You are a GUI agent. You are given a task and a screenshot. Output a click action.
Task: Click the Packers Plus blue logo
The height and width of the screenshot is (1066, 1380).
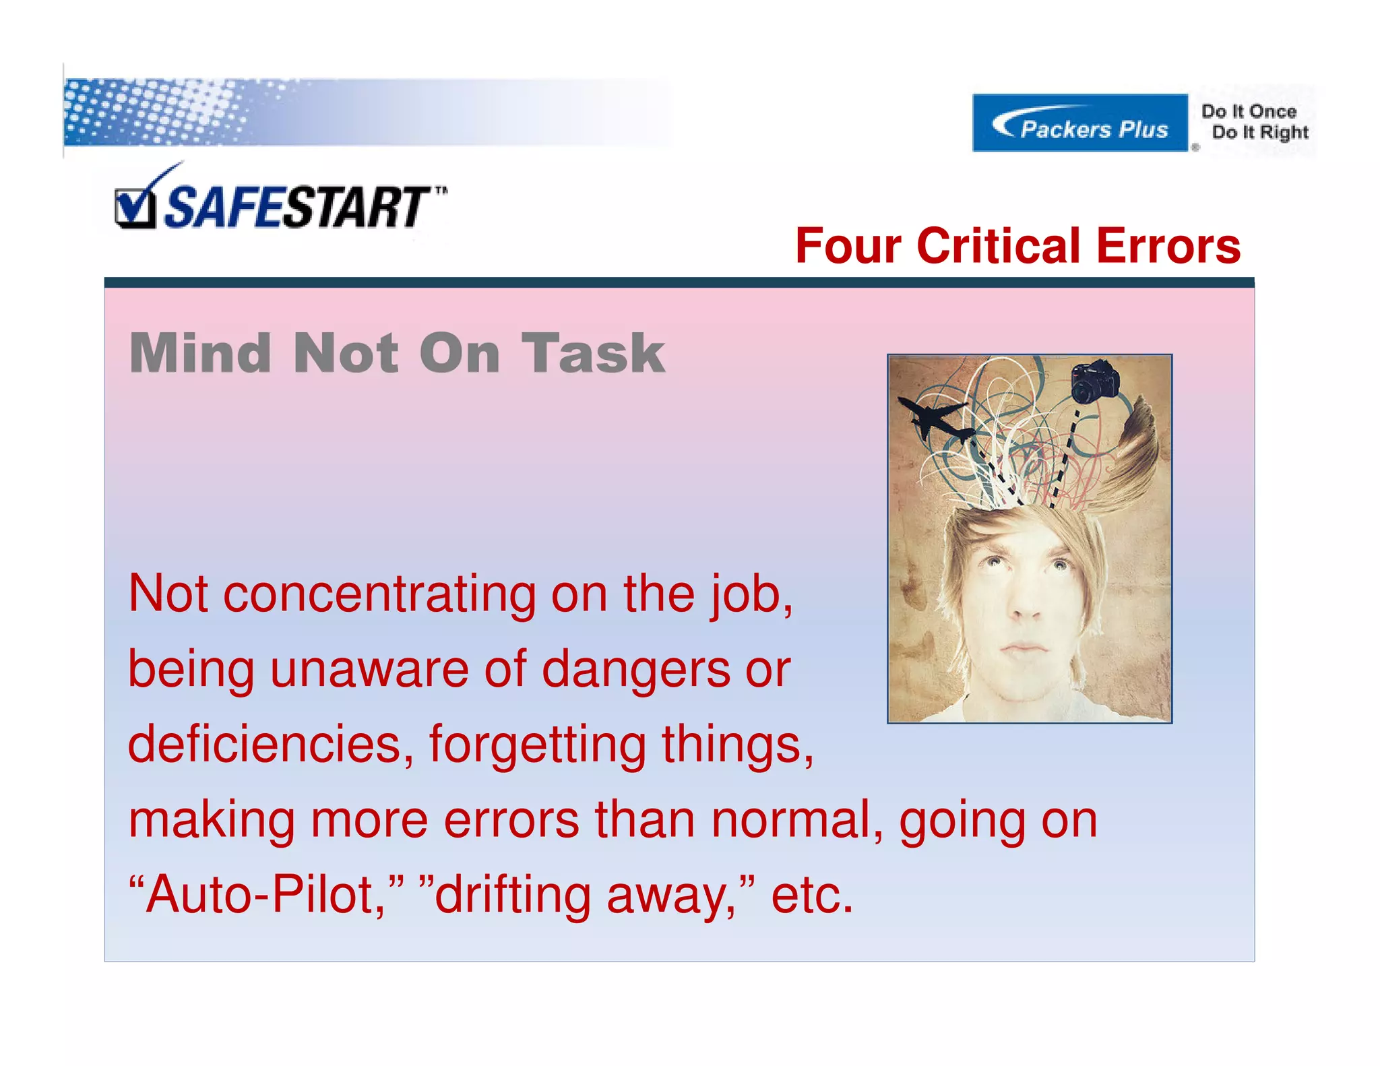click(1079, 123)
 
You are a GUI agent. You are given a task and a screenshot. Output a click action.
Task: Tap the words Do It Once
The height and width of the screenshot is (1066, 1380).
click(1249, 111)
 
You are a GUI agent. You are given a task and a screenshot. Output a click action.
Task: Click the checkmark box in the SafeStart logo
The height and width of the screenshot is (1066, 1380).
click(133, 209)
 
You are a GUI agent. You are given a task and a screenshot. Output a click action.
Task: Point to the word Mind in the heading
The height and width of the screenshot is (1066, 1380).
click(199, 353)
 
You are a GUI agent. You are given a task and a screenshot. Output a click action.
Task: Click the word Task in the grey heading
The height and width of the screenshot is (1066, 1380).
click(593, 353)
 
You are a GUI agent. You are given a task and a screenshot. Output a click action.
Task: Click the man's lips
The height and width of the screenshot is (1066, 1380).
click(1024, 648)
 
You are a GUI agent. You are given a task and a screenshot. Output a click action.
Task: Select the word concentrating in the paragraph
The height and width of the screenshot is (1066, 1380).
click(379, 595)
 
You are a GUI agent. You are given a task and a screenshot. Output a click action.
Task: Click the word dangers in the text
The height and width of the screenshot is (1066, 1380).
click(635, 670)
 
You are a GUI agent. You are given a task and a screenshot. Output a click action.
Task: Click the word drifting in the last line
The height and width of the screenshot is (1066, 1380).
click(512, 896)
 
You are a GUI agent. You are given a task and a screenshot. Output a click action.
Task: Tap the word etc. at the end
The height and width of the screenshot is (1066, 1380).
click(812, 896)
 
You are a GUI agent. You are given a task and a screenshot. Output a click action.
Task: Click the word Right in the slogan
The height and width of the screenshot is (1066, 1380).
click(1284, 133)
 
